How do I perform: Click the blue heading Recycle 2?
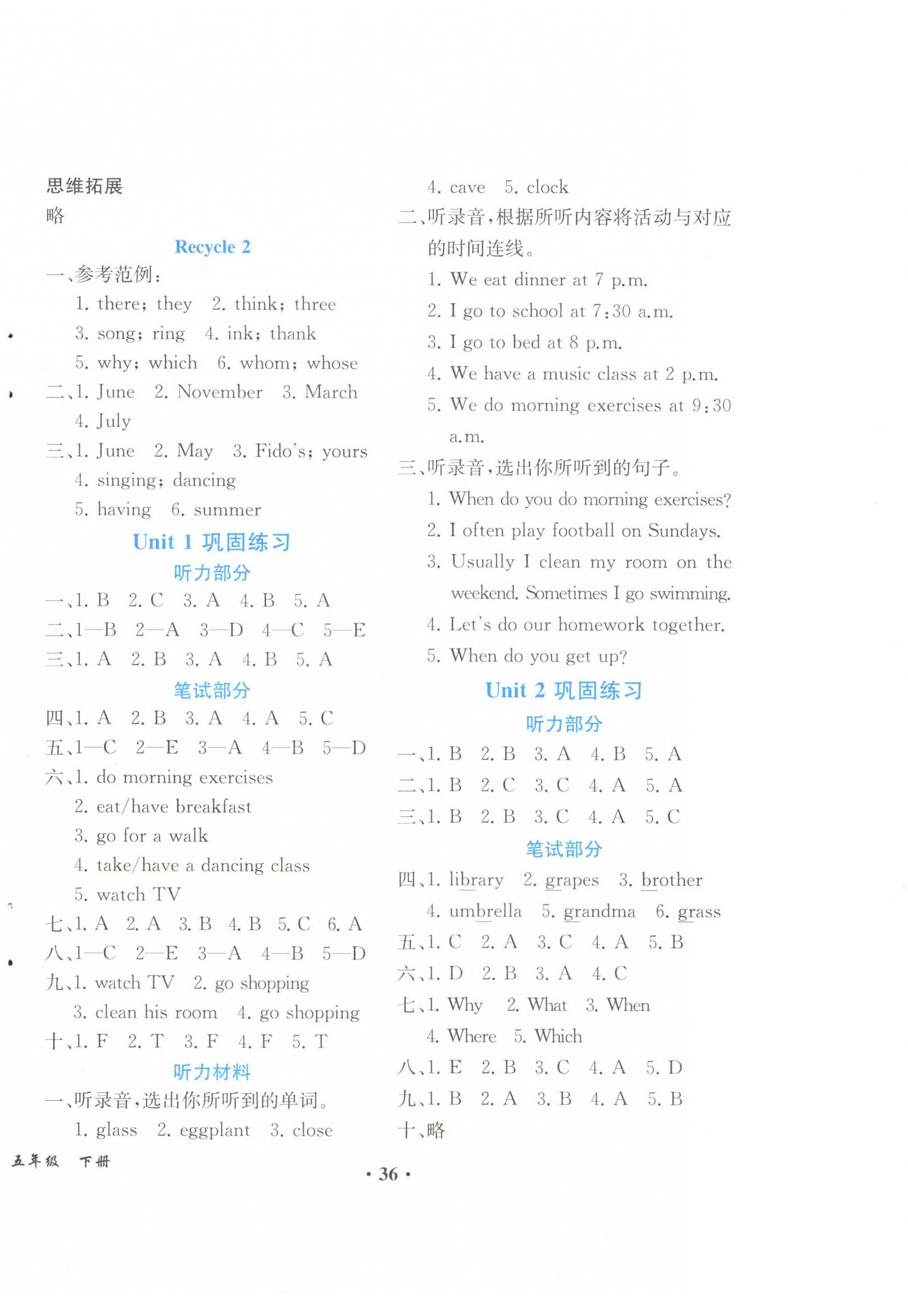tap(212, 247)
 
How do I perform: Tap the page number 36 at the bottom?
tap(388, 1174)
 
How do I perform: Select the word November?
tap(220, 392)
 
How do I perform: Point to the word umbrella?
tap(485, 911)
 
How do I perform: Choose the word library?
tap(475, 880)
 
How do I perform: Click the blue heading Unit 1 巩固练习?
tap(212, 543)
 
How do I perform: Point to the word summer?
tap(227, 510)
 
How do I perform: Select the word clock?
tap(547, 187)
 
